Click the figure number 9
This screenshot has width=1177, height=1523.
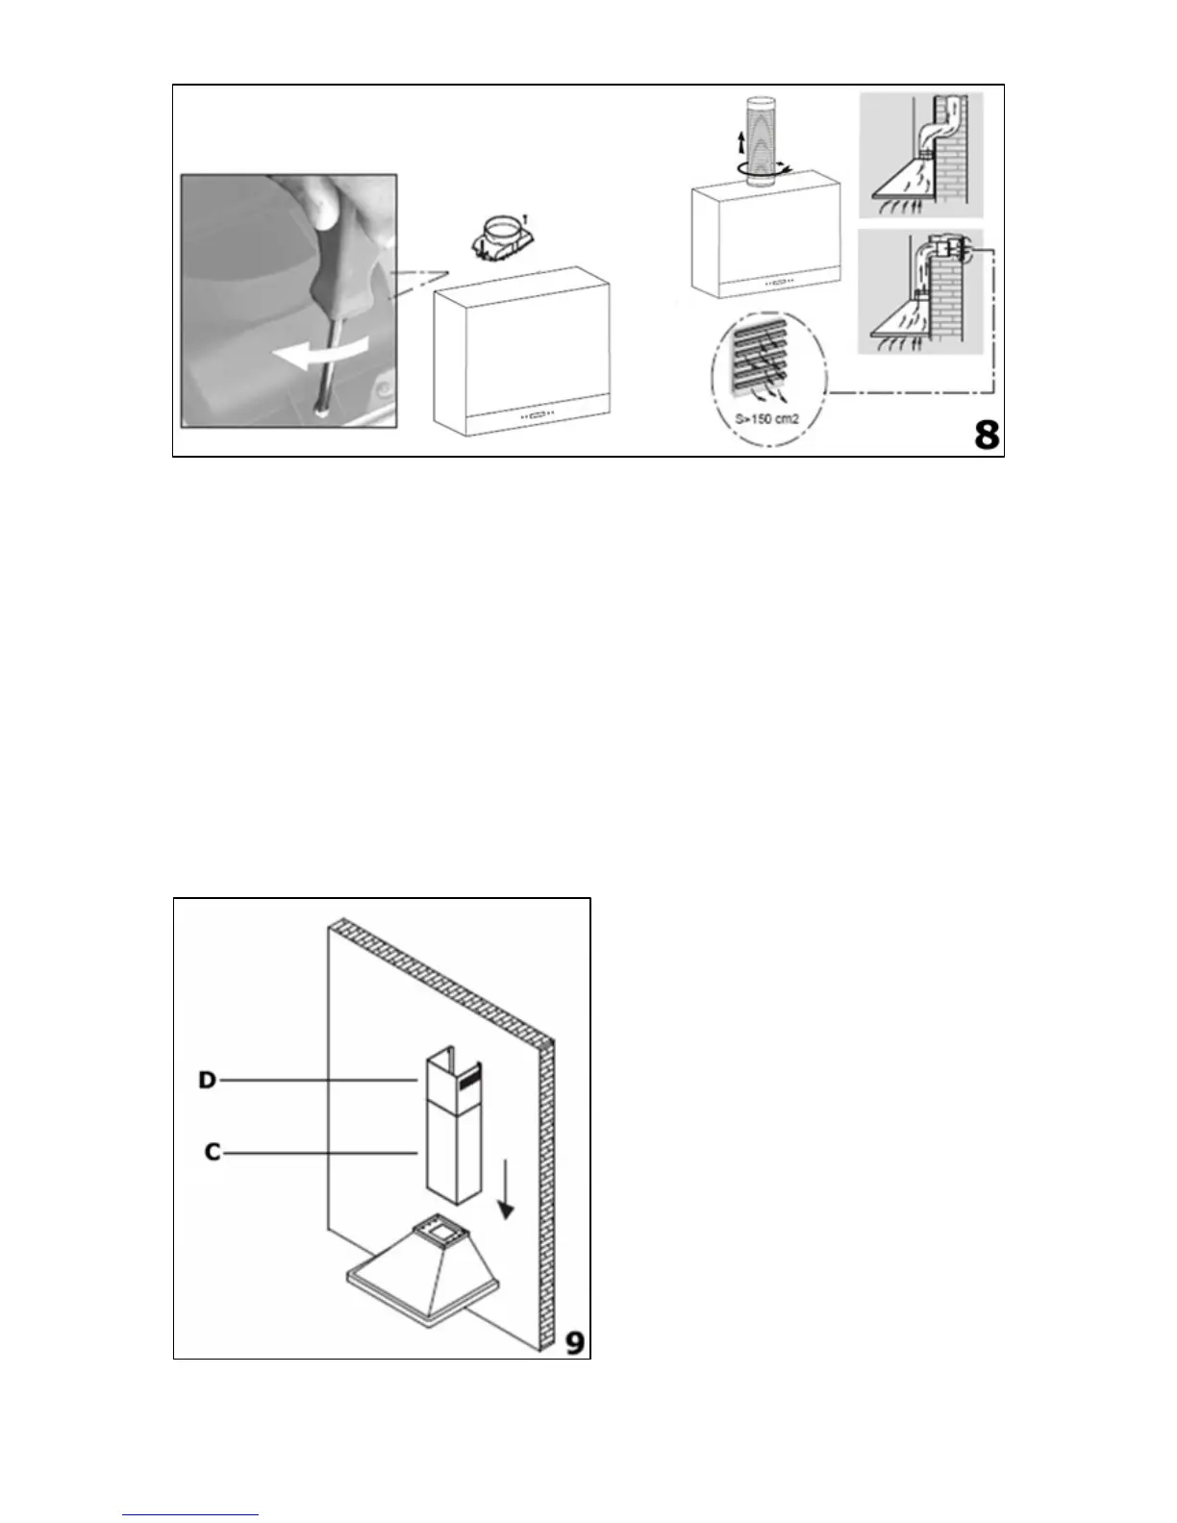[574, 1341]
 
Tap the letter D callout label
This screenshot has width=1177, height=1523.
[207, 1081]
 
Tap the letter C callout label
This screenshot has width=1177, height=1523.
[213, 1151]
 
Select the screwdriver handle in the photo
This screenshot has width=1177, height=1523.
[340, 246]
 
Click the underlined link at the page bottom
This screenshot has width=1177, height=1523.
[191, 1514]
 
